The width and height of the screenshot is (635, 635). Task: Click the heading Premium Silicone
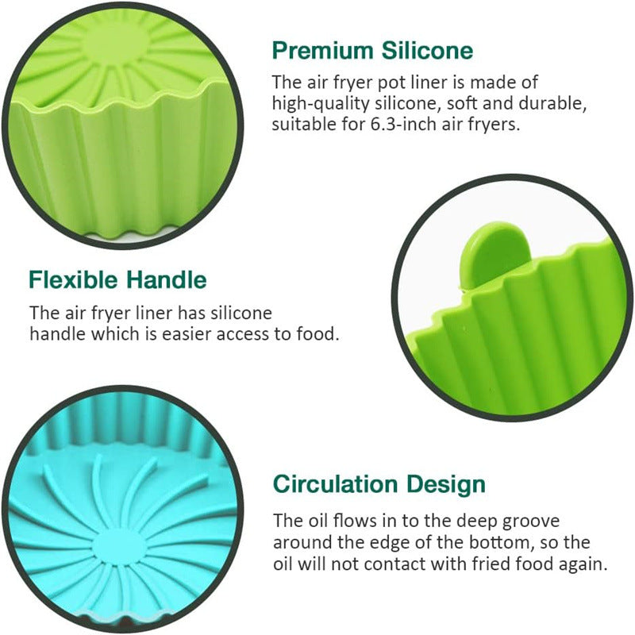point(372,51)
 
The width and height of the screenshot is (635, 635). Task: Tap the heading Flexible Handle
point(117,279)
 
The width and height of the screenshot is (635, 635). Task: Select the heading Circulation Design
point(379,483)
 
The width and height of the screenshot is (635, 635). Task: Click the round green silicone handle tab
point(496,252)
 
